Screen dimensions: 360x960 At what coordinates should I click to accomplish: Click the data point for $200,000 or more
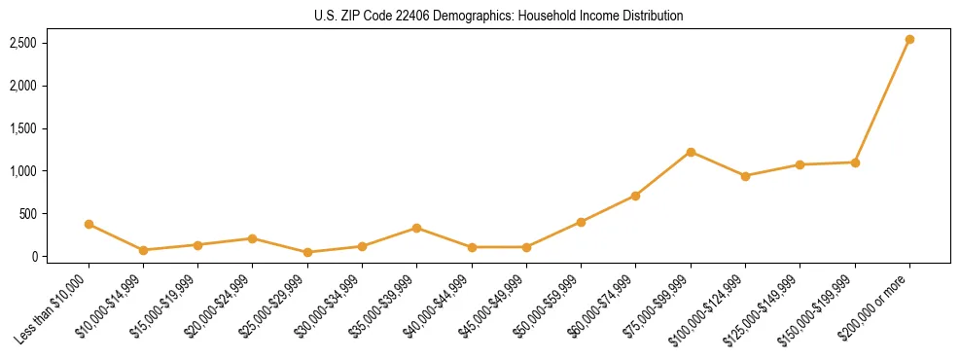pos(909,40)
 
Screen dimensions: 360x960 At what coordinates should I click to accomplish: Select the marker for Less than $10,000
pos(89,224)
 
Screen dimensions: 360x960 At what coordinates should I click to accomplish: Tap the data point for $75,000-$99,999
pos(691,152)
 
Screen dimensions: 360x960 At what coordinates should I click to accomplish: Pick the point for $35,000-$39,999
pos(416,228)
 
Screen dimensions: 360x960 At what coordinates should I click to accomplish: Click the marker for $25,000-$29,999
pos(307,252)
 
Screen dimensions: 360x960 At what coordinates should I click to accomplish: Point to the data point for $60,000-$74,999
pos(635,196)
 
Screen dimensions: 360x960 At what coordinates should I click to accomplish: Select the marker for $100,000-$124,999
pos(745,176)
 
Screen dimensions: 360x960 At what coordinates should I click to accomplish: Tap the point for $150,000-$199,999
pos(855,162)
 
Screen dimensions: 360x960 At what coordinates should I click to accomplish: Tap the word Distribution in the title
pos(651,16)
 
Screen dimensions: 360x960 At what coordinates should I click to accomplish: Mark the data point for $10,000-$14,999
pos(143,250)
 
